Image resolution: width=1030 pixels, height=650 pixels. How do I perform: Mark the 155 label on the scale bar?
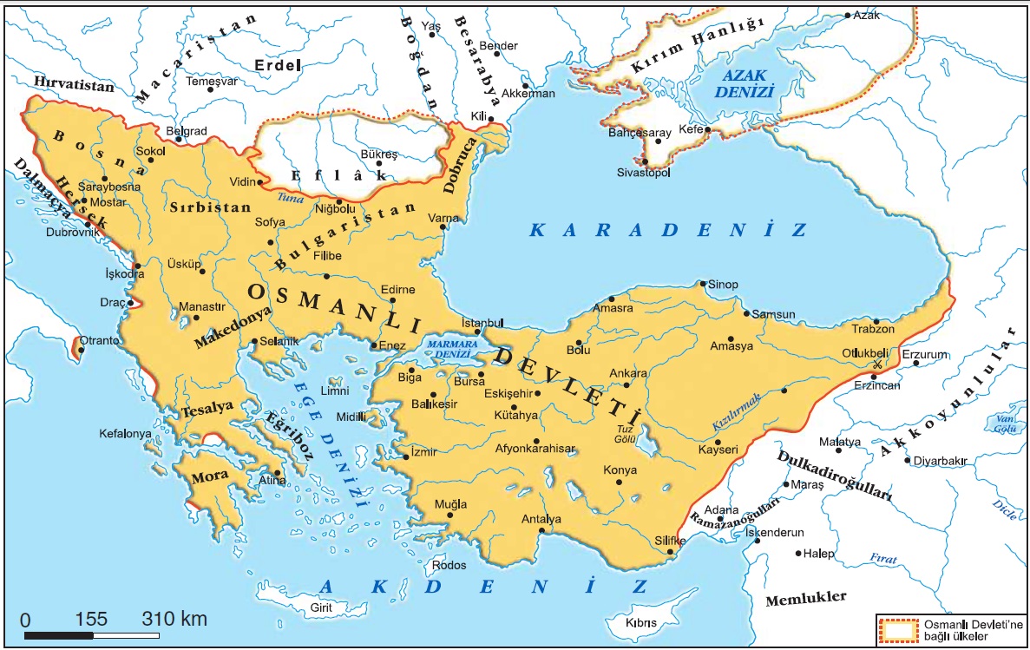tap(91, 620)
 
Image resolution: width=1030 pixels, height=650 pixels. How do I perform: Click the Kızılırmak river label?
tap(736, 411)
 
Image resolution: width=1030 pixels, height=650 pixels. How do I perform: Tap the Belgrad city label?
tap(187, 131)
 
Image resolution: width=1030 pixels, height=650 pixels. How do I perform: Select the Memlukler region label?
tap(805, 599)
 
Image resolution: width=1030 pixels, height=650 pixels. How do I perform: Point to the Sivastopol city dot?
tap(645, 161)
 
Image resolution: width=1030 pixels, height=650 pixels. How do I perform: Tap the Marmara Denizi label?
tap(449, 349)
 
